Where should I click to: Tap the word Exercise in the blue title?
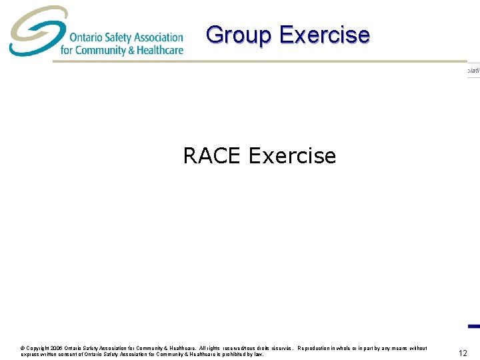[x=324, y=35]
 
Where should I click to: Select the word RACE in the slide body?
[x=212, y=156]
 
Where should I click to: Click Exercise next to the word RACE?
[x=292, y=156]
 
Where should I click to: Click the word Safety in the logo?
[x=113, y=37]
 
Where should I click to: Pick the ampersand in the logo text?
[x=131, y=50]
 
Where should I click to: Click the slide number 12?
[x=463, y=353]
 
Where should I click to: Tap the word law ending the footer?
[x=259, y=355]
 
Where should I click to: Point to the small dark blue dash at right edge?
[x=474, y=326]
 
